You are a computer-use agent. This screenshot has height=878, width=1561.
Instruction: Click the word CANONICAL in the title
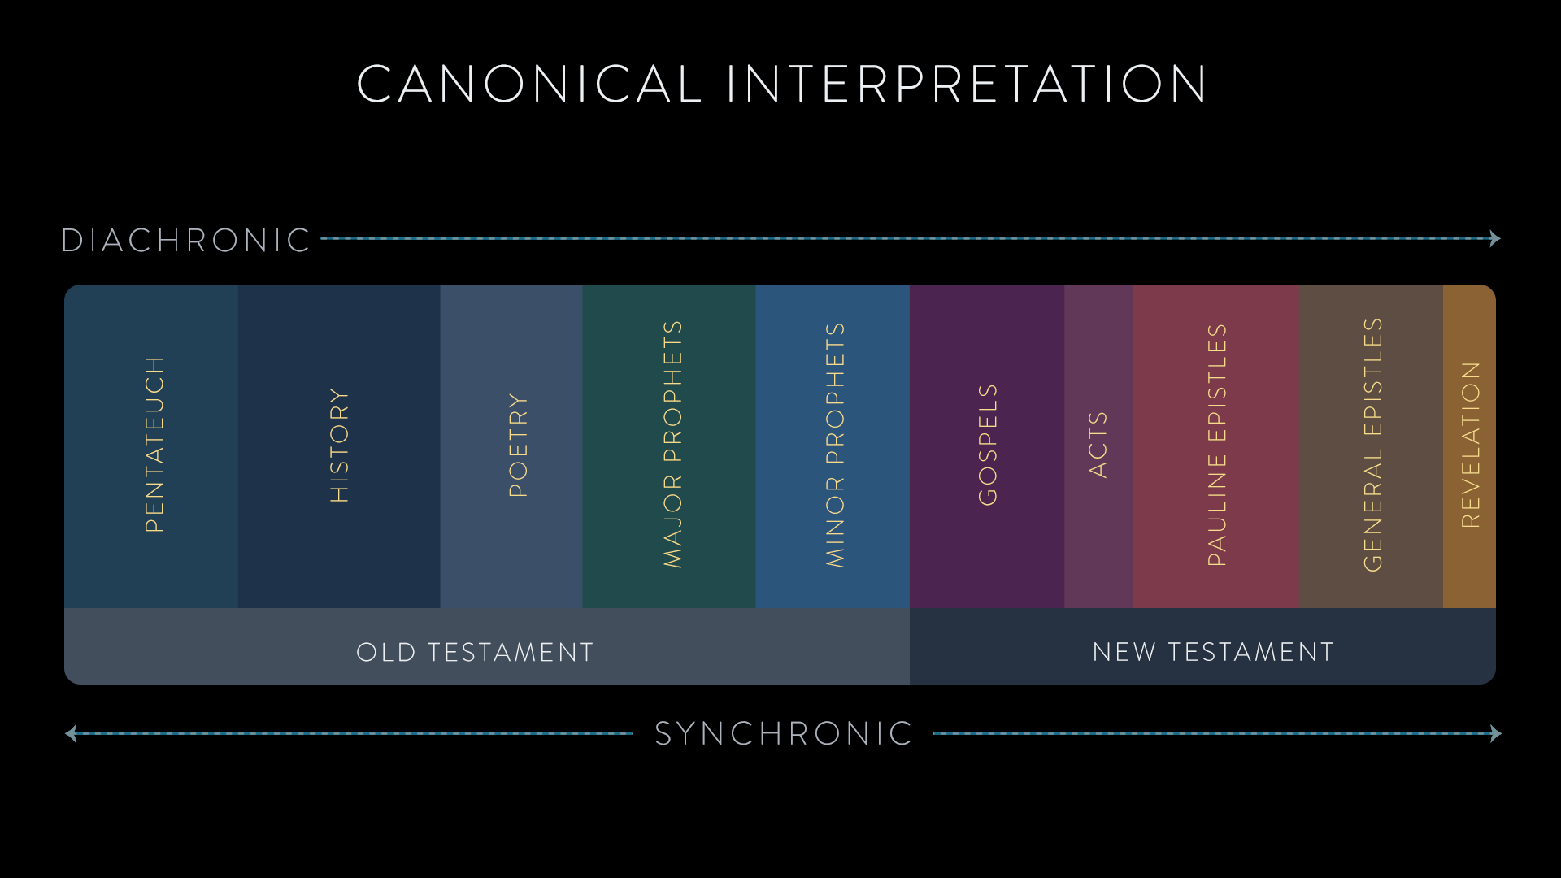[x=529, y=84]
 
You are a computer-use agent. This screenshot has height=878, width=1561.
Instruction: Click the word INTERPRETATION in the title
[x=967, y=84]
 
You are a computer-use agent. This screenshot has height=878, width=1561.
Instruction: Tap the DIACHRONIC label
[x=186, y=241]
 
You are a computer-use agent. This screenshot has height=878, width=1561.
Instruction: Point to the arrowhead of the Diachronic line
[x=1495, y=238]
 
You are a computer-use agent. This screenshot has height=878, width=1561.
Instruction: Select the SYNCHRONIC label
[x=785, y=734]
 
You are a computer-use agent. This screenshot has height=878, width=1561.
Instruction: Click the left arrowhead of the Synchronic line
[x=71, y=734]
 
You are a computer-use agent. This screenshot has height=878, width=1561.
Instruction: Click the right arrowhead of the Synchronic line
[x=1496, y=734]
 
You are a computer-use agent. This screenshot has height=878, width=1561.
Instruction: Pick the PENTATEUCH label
[x=154, y=445]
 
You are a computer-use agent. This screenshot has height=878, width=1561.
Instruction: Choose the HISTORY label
[x=339, y=446]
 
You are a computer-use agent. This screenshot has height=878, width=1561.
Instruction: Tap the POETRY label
[x=518, y=446]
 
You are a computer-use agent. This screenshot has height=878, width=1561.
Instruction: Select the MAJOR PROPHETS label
[x=672, y=444]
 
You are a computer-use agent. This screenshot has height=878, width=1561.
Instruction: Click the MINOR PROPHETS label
[x=835, y=445]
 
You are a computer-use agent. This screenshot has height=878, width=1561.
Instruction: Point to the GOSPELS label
[x=987, y=445]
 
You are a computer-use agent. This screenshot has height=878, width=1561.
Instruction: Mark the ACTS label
[x=1098, y=445]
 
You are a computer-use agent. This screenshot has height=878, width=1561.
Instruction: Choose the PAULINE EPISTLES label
[x=1216, y=445]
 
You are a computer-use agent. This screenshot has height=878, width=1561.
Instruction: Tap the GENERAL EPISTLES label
[x=1372, y=445]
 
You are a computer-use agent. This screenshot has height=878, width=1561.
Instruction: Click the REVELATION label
[x=1471, y=445]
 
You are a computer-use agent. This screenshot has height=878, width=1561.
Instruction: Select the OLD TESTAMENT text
[x=476, y=652]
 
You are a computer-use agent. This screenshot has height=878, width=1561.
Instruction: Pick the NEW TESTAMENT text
[x=1213, y=652]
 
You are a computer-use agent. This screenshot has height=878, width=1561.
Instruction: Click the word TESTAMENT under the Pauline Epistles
[x=1251, y=652]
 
